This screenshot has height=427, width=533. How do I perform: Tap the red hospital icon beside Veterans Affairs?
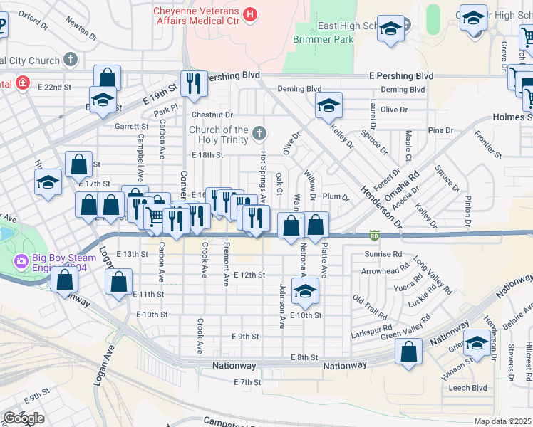249,13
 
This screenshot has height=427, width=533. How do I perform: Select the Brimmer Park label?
323,40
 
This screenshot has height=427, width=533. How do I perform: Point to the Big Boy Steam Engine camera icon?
21,262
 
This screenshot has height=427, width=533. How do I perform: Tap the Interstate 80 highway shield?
374,235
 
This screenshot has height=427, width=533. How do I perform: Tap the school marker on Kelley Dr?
328,106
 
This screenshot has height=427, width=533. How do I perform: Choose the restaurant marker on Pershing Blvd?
193,84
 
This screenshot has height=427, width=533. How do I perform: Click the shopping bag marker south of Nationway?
408,352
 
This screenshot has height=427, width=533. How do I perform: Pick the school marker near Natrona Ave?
305,292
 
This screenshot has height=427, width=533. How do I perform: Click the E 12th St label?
249,275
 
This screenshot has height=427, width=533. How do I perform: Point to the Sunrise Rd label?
383,254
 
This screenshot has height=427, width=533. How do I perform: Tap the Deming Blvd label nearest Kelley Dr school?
304,89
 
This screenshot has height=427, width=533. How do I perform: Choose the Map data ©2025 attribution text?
503,421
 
